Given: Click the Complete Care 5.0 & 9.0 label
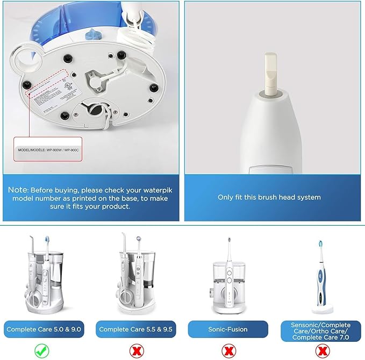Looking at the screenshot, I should pos(45,329).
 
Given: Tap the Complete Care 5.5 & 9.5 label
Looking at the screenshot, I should pos(136,329).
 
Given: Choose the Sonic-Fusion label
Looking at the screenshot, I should pos(228,329).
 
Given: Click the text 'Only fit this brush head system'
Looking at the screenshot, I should pos(269,197).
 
